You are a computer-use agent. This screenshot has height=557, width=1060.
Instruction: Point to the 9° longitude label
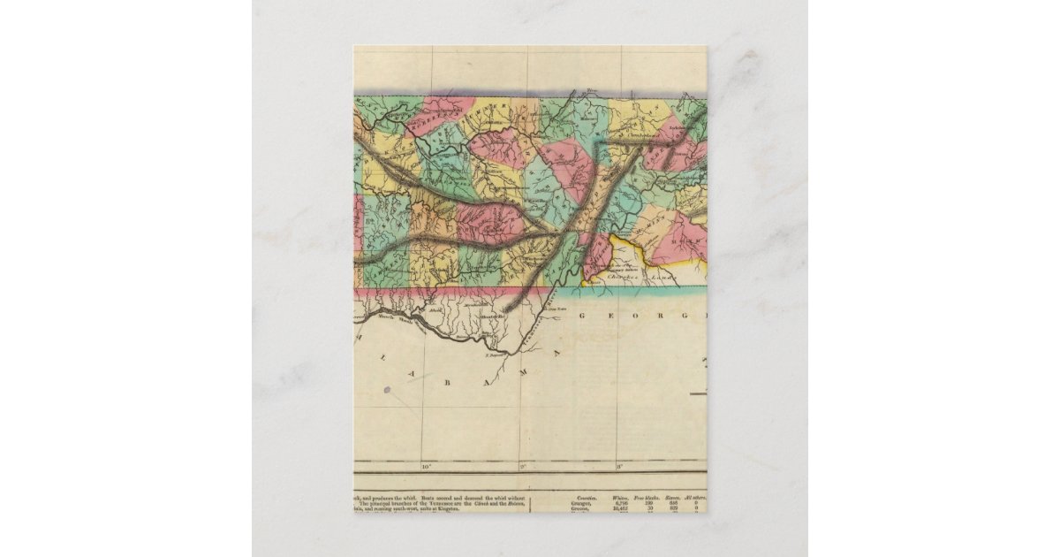tap(522, 466)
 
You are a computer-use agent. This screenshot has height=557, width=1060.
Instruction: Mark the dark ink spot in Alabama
tap(387, 389)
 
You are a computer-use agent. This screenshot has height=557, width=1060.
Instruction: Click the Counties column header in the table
tap(585, 499)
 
